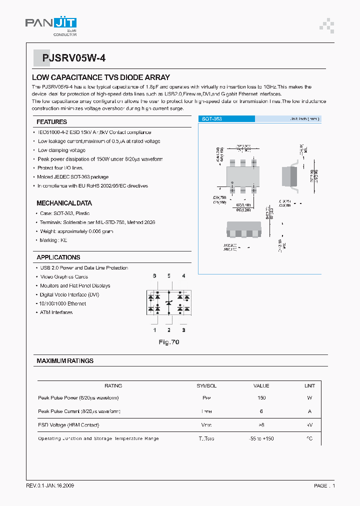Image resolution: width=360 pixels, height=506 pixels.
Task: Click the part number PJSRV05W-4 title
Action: pos(69,58)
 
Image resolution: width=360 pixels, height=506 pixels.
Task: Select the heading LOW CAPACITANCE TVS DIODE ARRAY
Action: pos(100,77)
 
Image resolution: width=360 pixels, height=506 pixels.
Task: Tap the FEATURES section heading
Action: pos(51,122)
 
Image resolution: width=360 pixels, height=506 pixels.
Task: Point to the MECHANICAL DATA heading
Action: pos(64,203)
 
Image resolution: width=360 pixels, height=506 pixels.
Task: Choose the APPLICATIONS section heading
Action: pos(58,257)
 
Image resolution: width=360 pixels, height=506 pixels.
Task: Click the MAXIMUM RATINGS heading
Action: pos(65,361)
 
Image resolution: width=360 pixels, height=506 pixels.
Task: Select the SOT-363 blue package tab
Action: pos(211,119)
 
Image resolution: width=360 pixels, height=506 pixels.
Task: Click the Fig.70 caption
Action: pos(168,342)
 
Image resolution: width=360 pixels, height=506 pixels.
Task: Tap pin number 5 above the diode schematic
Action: pos(169,276)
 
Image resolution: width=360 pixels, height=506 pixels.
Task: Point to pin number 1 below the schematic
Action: pos(154,330)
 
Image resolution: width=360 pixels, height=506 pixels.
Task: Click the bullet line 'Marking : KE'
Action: pos(52,240)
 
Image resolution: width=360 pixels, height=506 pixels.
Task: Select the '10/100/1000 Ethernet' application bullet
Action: pos(62,304)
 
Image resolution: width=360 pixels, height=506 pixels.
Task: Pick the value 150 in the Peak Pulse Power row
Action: pos(261,398)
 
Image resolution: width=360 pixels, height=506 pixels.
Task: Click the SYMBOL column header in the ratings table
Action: pos(206,386)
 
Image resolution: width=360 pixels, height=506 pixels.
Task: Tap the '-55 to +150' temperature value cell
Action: pos(261,438)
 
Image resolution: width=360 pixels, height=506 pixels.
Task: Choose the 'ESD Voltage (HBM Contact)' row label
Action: pos(68,425)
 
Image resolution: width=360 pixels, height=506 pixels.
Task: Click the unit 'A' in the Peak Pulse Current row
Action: pos(309,411)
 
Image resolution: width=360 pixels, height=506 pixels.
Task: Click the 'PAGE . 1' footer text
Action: pos(324,486)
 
